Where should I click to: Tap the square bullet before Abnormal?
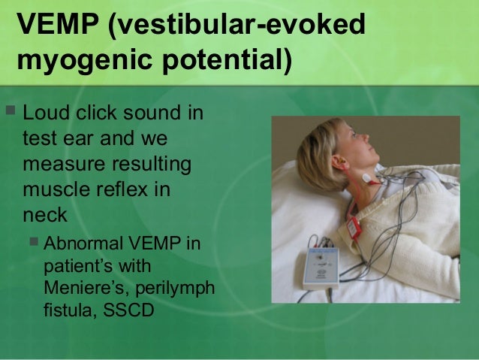pyautogui.click(x=34, y=244)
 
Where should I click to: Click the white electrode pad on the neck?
pyautogui.click(x=368, y=180)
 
